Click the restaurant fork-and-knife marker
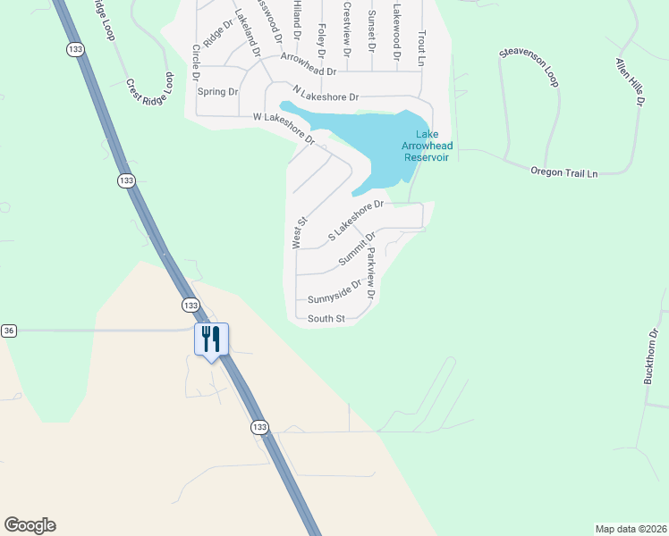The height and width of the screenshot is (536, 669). click(x=211, y=339)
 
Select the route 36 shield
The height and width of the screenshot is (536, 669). click(x=8, y=331)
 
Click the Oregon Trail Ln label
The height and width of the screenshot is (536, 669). click(x=563, y=172)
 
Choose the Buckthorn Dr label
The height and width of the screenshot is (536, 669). click(x=651, y=357)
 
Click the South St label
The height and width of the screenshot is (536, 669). click(x=326, y=319)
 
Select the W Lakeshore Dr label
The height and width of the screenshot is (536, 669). click(x=284, y=128)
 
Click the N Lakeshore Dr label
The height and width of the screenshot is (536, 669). click(x=326, y=93)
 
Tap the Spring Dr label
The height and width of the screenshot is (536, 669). click(x=217, y=92)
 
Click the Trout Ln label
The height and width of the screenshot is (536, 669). click(x=419, y=46)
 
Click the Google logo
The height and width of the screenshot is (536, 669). click(x=30, y=525)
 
